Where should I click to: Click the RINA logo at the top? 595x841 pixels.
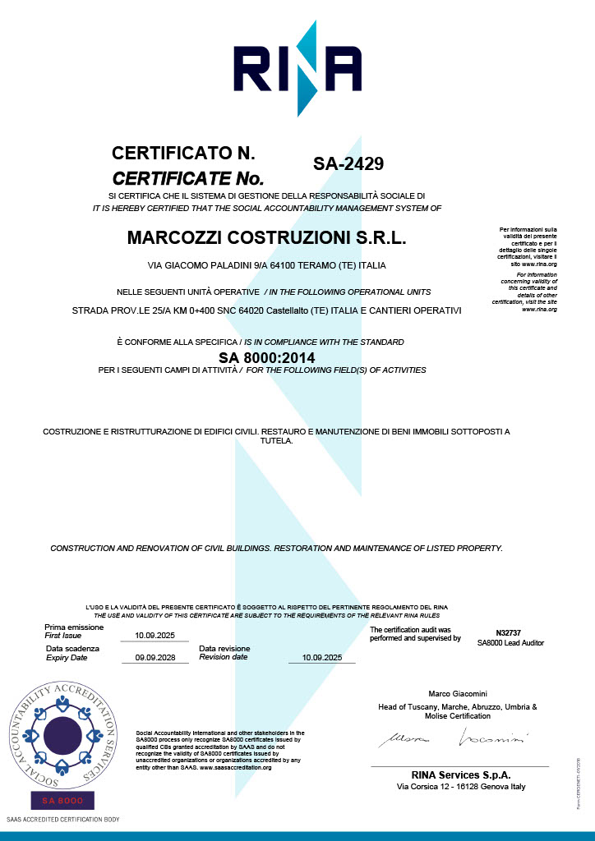[x=297, y=68]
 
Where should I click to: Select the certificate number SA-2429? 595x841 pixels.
[x=348, y=164]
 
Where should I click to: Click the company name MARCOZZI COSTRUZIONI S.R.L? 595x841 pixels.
[x=267, y=238]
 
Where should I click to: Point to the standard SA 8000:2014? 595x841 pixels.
[x=266, y=357]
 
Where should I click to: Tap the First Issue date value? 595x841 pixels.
[x=155, y=635]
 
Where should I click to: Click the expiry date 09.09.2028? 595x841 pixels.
[x=155, y=657]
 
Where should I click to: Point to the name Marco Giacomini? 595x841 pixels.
[x=458, y=694]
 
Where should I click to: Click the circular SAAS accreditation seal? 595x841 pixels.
[x=62, y=732]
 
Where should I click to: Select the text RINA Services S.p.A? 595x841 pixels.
[x=460, y=774]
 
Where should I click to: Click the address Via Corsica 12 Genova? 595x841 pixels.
[x=460, y=787]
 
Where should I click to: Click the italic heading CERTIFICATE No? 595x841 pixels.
[x=187, y=177]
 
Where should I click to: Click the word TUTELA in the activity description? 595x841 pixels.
[x=276, y=441]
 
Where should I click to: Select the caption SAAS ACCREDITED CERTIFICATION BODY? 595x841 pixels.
[x=62, y=820]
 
